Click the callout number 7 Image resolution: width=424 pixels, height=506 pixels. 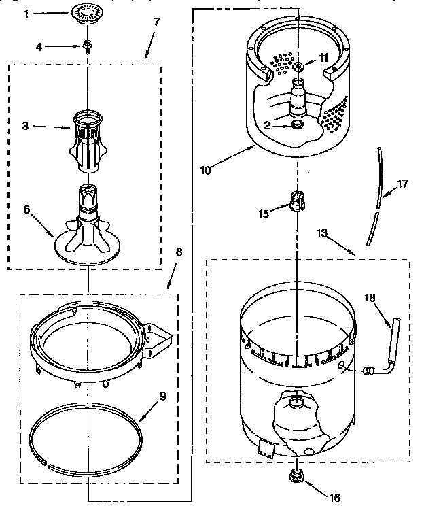pyautogui.click(x=157, y=22)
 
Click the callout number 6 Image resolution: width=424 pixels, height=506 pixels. pyautogui.click(x=28, y=210)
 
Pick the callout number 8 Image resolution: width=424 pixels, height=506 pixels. pyautogui.click(x=179, y=251)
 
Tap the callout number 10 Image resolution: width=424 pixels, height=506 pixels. pyautogui.click(x=205, y=170)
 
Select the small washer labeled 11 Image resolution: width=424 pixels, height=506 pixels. pyautogui.click(x=298, y=66)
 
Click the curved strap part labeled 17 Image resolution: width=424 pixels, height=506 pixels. pyautogui.click(x=375, y=197)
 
